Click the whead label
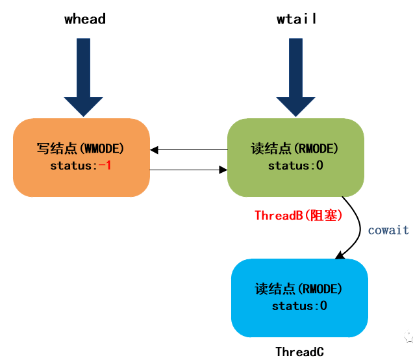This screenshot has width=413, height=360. pyautogui.click(x=85, y=19)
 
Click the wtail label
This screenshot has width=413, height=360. pyautogui.click(x=296, y=19)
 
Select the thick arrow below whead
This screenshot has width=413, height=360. pyautogui.click(x=84, y=77)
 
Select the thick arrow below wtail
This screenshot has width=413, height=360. pyautogui.click(x=296, y=77)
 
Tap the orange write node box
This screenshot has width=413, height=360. pyautogui.click(x=81, y=158)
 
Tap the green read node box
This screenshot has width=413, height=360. pyautogui.click(x=296, y=158)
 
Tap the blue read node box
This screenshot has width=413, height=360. pyautogui.click(x=299, y=298)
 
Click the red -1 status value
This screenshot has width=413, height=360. pyautogui.click(x=105, y=166)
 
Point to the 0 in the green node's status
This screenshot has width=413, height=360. pyautogui.click(x=319, y=166)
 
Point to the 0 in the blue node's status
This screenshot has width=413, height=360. pyautogui.click(x=323, y=305)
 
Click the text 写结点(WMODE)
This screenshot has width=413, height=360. pyautogui.click(x=81, y=148)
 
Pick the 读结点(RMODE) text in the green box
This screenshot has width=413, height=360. pyautogui.click(x=294, y=148)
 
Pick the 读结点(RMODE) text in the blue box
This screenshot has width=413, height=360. pyautogui.click(x=299, y=289)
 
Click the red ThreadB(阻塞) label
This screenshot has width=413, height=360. pyautogui.click(x=299, y=215)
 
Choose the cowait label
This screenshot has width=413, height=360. pyautogui.click(x=388, y=230)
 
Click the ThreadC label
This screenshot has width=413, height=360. pyautogui.click(x=300, y=352)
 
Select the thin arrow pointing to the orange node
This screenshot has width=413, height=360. pyautogui.click(x=189, y=149)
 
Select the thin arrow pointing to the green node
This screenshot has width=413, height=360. pyautogui.click(x=188, y=170)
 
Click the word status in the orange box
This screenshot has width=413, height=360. pyautogui.click(x=71, y=166)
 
